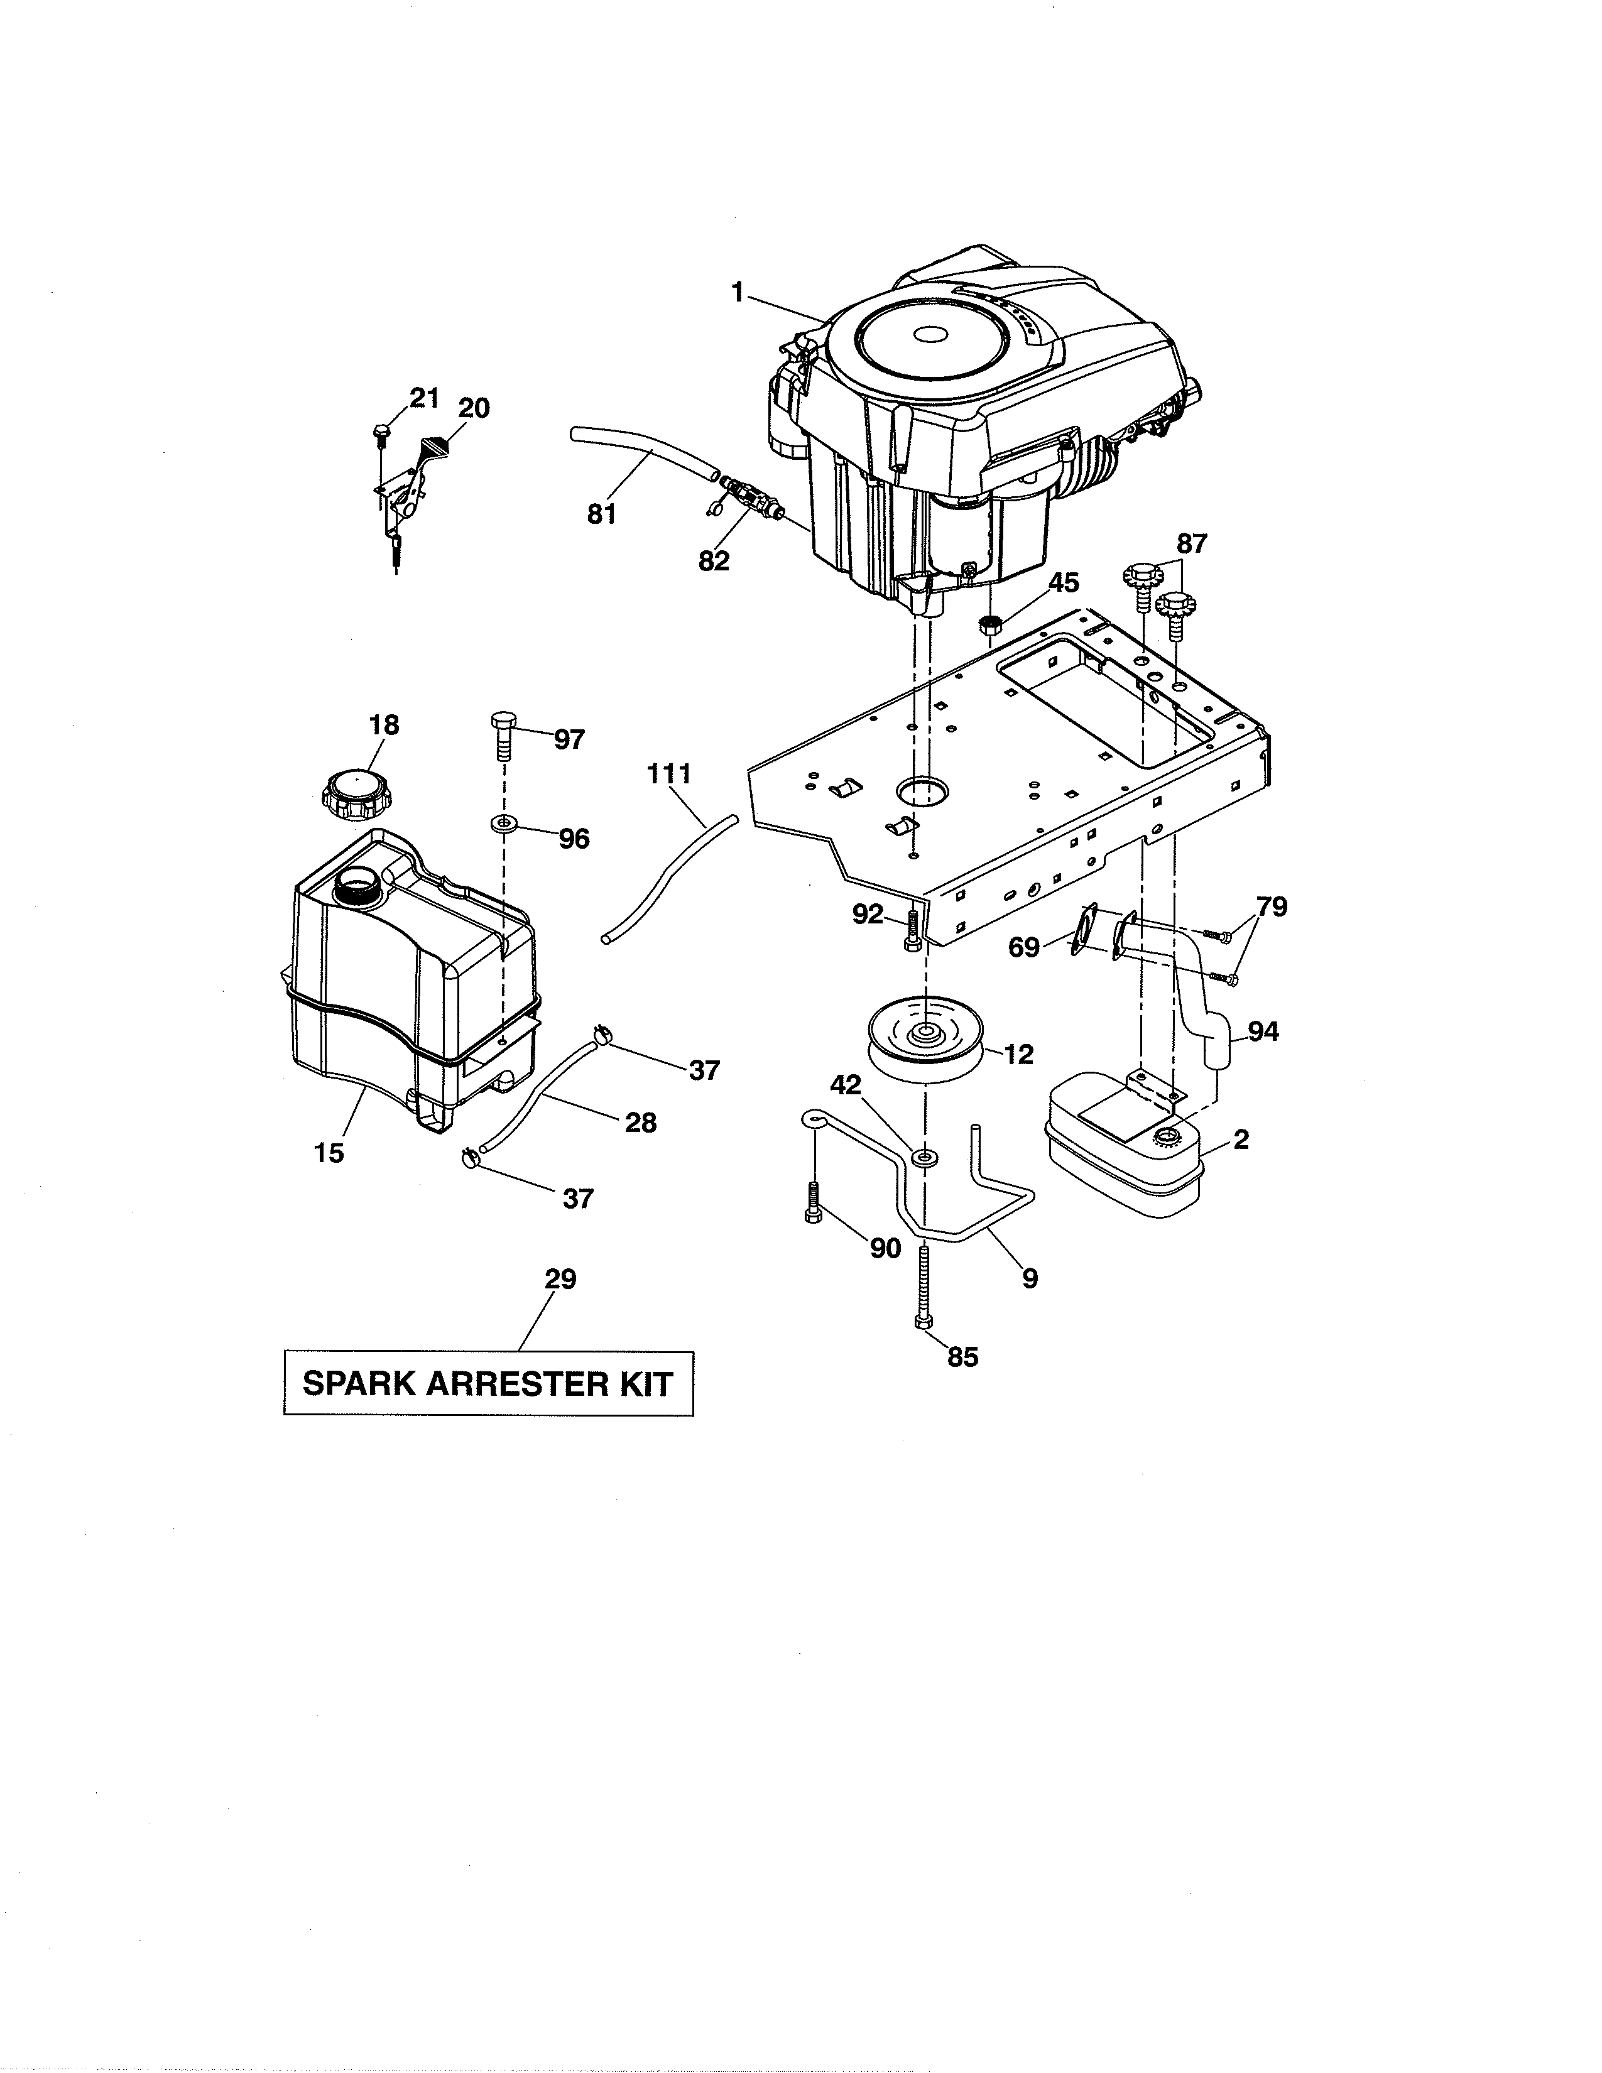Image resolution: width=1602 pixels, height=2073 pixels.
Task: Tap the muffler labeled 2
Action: [1125, 1146]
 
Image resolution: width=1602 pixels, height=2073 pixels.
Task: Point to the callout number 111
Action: [669, 773]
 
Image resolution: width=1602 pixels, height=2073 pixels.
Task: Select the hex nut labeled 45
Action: [991, 624]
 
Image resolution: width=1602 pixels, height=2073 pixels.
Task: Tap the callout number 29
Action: [560, 1280]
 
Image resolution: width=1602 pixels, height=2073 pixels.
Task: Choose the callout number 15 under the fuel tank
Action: [329, 1153]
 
